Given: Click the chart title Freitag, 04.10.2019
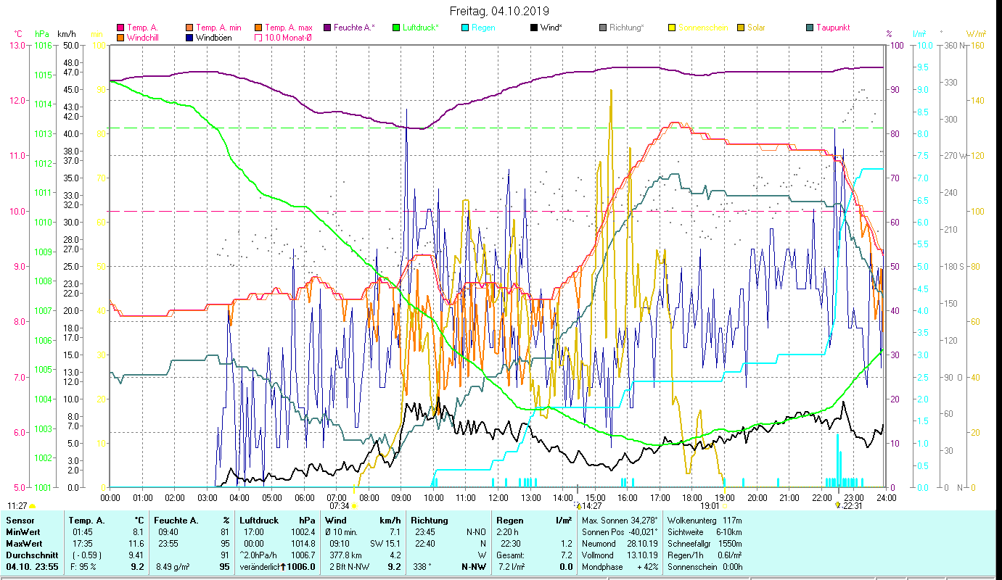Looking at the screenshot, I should tap(501, 12).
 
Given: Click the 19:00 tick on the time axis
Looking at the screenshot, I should tap(725, 498).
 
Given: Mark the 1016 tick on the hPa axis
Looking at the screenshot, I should tap(42, 45).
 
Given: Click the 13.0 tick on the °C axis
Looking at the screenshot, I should tap(17, 45).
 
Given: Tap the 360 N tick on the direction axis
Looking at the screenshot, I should tap(954, 45).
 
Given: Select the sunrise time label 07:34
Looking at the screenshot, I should tap(339, 506).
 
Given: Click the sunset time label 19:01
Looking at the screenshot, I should tap(710, 506).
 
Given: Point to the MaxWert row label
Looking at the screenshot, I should tap(22, 543).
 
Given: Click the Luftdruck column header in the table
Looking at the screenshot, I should tap(258, 520).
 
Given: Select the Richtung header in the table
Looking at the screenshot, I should tap(430, 520).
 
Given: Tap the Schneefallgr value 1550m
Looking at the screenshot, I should tap(729, 543).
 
